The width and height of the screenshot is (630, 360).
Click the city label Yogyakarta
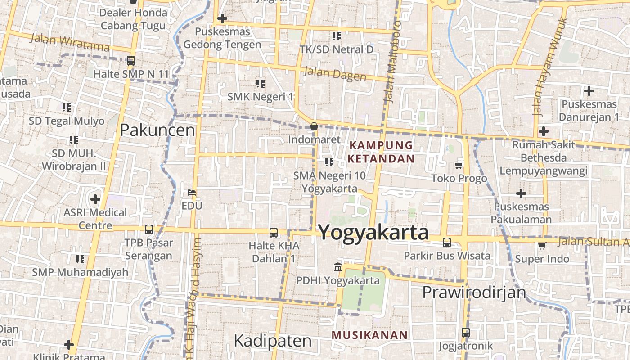(373, 233)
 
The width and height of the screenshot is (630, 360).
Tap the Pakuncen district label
(157, 130)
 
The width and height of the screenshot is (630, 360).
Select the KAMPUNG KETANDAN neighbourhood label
(381, 152)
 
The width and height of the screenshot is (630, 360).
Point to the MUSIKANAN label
(369, 335)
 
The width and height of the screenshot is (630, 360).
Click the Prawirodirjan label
(474, 292)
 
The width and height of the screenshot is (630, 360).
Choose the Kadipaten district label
(273, 341)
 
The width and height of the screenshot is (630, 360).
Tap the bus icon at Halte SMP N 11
(131, 60)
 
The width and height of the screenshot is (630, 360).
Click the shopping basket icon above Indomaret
(314, 126)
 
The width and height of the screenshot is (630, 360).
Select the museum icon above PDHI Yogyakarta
(337, 267)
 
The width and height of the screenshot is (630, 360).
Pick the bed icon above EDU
(192, 193)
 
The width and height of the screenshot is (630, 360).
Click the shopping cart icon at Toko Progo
(459, 165)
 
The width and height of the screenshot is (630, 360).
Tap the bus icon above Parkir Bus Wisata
(447, 242)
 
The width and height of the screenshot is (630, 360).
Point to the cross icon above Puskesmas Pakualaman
(521, 193)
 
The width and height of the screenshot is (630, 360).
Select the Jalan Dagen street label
(335, 73)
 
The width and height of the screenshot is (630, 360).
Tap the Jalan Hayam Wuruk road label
(549, 67)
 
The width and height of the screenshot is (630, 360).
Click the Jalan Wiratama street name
(70, 42)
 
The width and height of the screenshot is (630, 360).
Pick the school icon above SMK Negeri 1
(260, 83)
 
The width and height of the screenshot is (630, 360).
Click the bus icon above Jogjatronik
(466, 333)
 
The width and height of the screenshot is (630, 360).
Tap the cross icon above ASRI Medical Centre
(95, 199)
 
